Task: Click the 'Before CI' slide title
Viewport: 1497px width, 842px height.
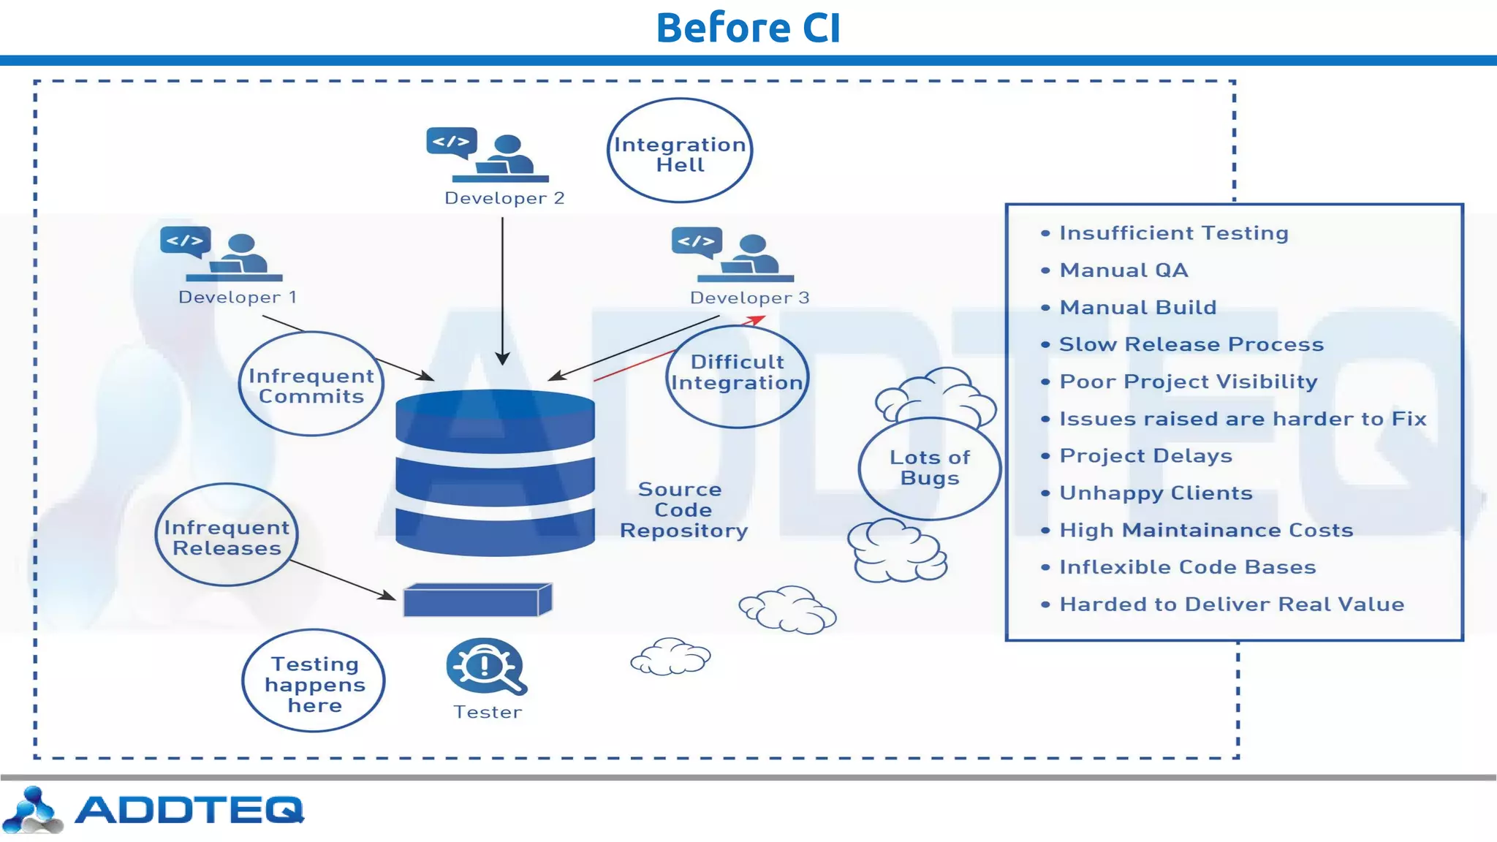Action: point(748,28)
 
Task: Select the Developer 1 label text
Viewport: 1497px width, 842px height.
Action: point(238,297)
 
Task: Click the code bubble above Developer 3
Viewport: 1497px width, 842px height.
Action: point(697,241)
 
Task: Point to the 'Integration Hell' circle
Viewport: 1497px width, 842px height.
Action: point(680,151)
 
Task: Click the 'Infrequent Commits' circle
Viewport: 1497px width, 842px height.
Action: point(311,384)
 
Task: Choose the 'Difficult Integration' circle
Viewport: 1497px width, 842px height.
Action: point(737,376)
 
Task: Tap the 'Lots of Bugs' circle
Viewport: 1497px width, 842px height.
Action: point(929,468)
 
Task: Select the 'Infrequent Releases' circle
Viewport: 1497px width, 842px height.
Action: point(227,536)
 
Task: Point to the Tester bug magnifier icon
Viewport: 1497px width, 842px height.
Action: point(485,667)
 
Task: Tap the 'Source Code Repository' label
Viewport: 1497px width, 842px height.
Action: point(683,509)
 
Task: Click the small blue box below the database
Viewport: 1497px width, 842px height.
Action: point(477,601)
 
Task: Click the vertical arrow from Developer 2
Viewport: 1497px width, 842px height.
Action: point(502,292)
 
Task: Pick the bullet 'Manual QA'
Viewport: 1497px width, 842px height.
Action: point(1123,270)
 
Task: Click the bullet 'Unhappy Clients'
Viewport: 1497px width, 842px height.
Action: point(1156,493)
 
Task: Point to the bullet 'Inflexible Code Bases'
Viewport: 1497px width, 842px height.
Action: point(1187,567)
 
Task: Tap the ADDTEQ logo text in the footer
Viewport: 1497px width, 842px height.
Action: point(189,810)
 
